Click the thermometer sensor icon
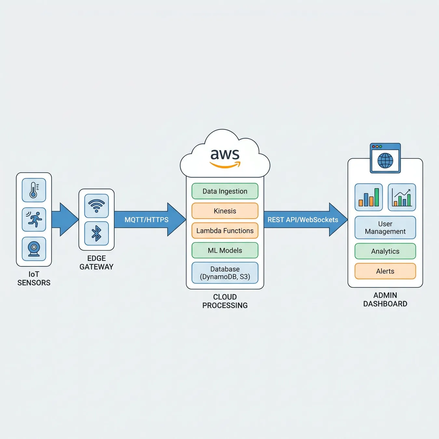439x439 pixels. point(34,190)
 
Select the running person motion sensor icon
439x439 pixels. point(34,219)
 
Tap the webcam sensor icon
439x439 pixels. point(34,249)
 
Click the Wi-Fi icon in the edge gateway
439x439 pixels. point(97,206)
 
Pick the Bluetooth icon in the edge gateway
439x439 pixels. point(97,233)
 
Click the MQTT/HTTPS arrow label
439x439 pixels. point(146,219)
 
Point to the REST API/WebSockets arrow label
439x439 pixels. point(303,219)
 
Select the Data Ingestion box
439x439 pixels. point(225,191)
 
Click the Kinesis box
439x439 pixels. point(225,211)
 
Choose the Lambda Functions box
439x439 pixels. point(225,231)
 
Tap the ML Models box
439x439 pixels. point(225,250)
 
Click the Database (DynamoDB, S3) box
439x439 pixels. point(225,273)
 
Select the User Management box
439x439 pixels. point(385,228)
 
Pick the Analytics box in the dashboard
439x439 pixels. point(385,251)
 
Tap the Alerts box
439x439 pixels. point(385,271)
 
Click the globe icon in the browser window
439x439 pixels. point(385,161)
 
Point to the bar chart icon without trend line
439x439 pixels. point(369,197)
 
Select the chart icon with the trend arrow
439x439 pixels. point(402,197)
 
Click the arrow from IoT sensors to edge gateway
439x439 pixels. point(65,219)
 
